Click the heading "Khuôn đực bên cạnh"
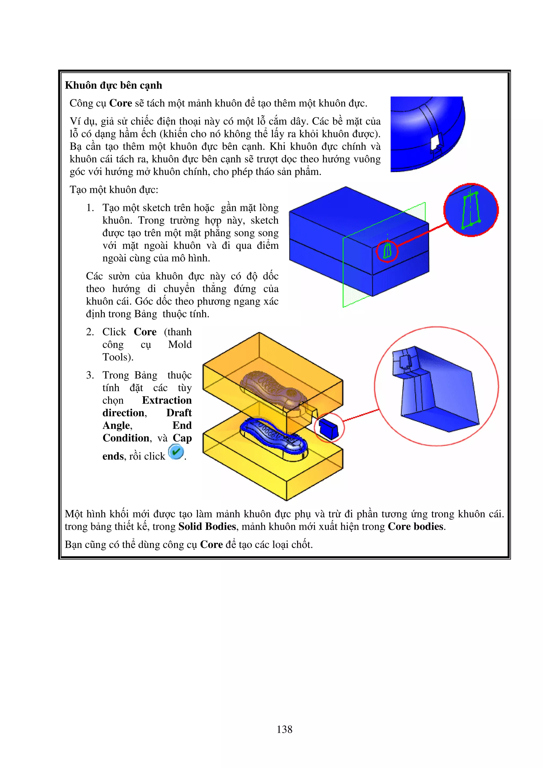point(113,85)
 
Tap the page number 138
point(284,729)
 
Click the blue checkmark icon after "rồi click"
point(176,452)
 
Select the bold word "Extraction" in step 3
point(167,400)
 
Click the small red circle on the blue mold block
point(387,251)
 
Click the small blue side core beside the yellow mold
point(328,428)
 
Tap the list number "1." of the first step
point(90,208)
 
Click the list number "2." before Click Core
point(90,332)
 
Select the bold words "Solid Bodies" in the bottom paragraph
point(207,527)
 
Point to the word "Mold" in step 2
point(180,345)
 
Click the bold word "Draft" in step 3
point(179,413)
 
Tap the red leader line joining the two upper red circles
point(422,235)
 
